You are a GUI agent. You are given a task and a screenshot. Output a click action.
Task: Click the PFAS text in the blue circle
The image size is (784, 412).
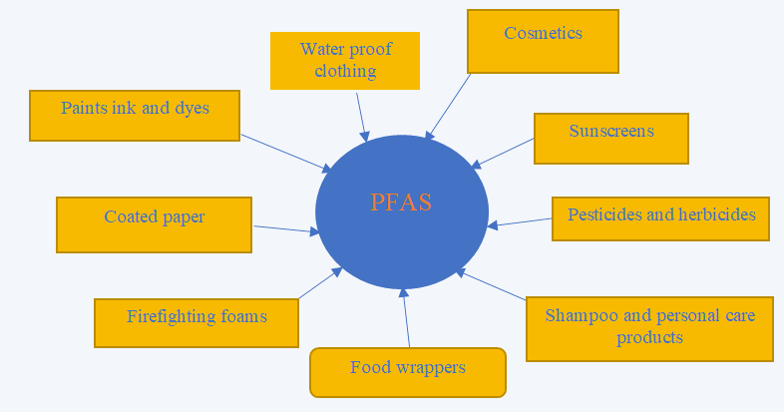(x=401, y=202)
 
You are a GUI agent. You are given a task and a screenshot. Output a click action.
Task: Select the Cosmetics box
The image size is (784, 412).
(x=543, y=41)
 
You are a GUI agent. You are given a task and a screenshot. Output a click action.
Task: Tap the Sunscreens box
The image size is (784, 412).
(x=610, y=138)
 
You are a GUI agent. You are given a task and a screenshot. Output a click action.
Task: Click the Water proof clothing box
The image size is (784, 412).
(x=345, y=60)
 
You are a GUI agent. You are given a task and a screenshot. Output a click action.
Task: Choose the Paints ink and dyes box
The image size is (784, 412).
(x=135, y=115)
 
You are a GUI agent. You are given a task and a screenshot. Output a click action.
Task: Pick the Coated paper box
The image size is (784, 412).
(x=154, y=223)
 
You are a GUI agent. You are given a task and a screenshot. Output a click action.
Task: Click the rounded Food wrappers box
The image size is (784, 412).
(x=408, y=371)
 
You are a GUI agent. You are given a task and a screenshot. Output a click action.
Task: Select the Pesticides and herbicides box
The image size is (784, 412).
(x=660, y=217)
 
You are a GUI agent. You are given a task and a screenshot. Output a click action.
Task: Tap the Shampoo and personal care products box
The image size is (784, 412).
(x=649, y=327)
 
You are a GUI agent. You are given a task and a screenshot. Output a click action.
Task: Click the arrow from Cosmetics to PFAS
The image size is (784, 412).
(x=448, y=107)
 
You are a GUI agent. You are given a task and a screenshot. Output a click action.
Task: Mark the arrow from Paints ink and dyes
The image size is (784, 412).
(x=285, y=153)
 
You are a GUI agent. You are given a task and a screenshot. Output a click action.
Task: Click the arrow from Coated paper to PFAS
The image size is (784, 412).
(x=286, y=229)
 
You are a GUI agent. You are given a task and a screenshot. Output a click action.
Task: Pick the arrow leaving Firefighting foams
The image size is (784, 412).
(x=320, y=283)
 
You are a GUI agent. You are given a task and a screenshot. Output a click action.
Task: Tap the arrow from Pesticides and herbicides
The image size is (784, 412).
(x=521, y=222)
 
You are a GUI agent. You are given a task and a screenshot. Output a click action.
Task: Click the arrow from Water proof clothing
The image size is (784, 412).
(x=362, y=116)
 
